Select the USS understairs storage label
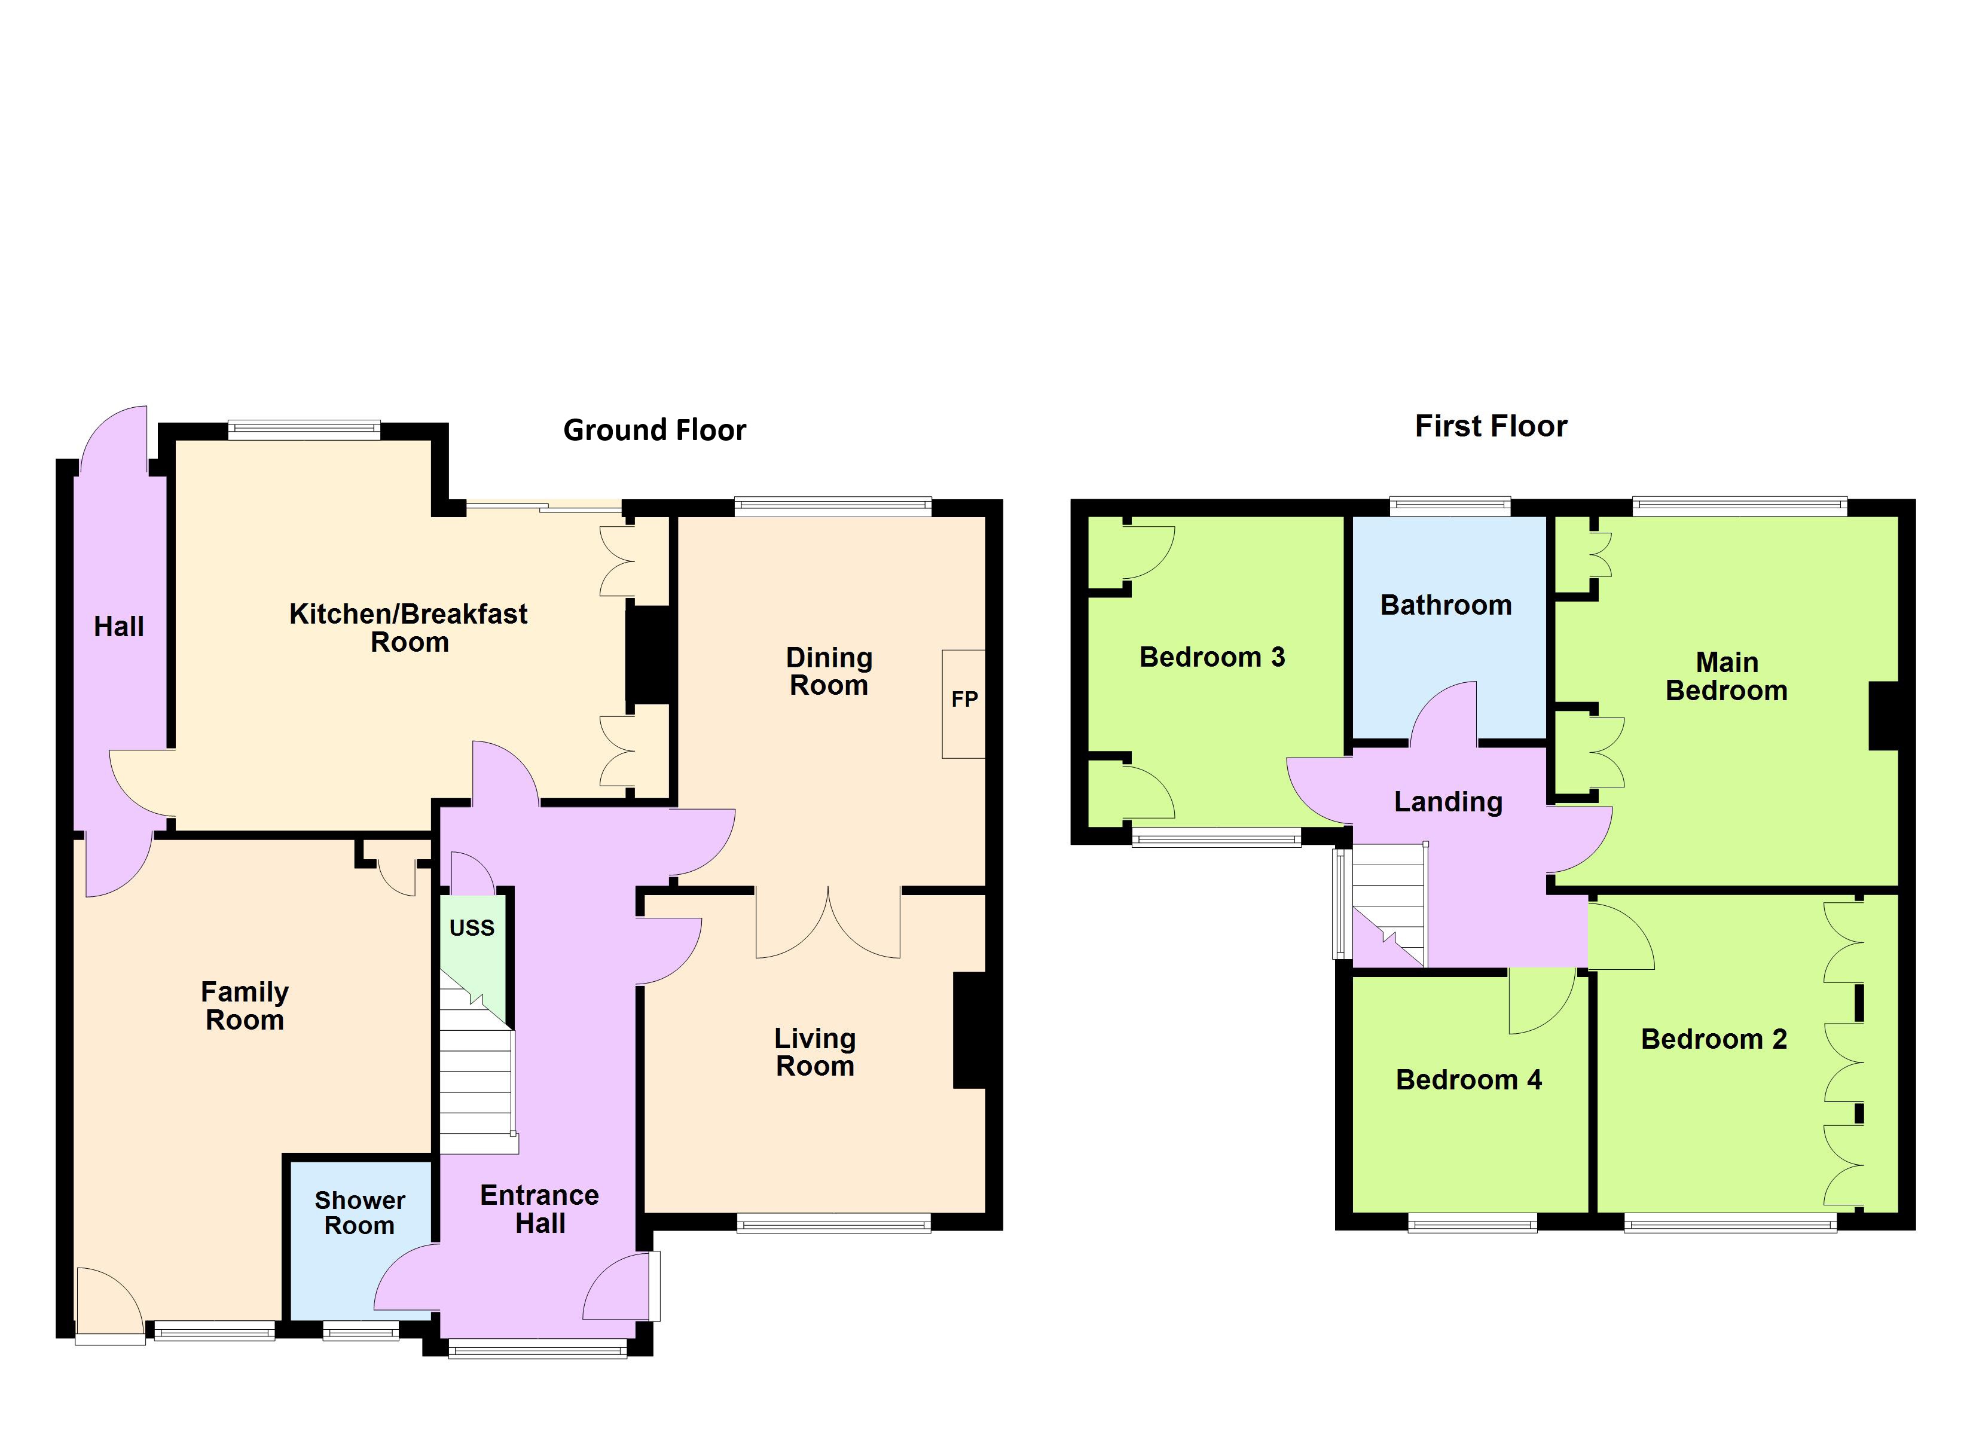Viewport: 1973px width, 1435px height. pyautogui.click(x=472, y=927)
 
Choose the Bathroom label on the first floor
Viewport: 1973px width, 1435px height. pyautogui.click(x=1446, y=605)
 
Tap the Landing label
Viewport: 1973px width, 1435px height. pyautogui.click(x=1449, y=801)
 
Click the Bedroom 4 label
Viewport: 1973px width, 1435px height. pyautogui.click(x=1468, y=1079)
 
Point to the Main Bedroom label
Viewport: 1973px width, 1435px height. pyautogui.click(x=1726, y=676)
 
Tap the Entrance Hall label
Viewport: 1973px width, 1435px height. pyautogui.click(x=539, y=1209)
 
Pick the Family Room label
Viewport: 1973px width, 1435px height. pyautogui.click(x=245, y=1005)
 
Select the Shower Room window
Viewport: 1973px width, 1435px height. pyautogui.click(x=361, y=1330)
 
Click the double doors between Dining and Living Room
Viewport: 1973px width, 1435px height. pyautogui.click(x=827, y=923)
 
